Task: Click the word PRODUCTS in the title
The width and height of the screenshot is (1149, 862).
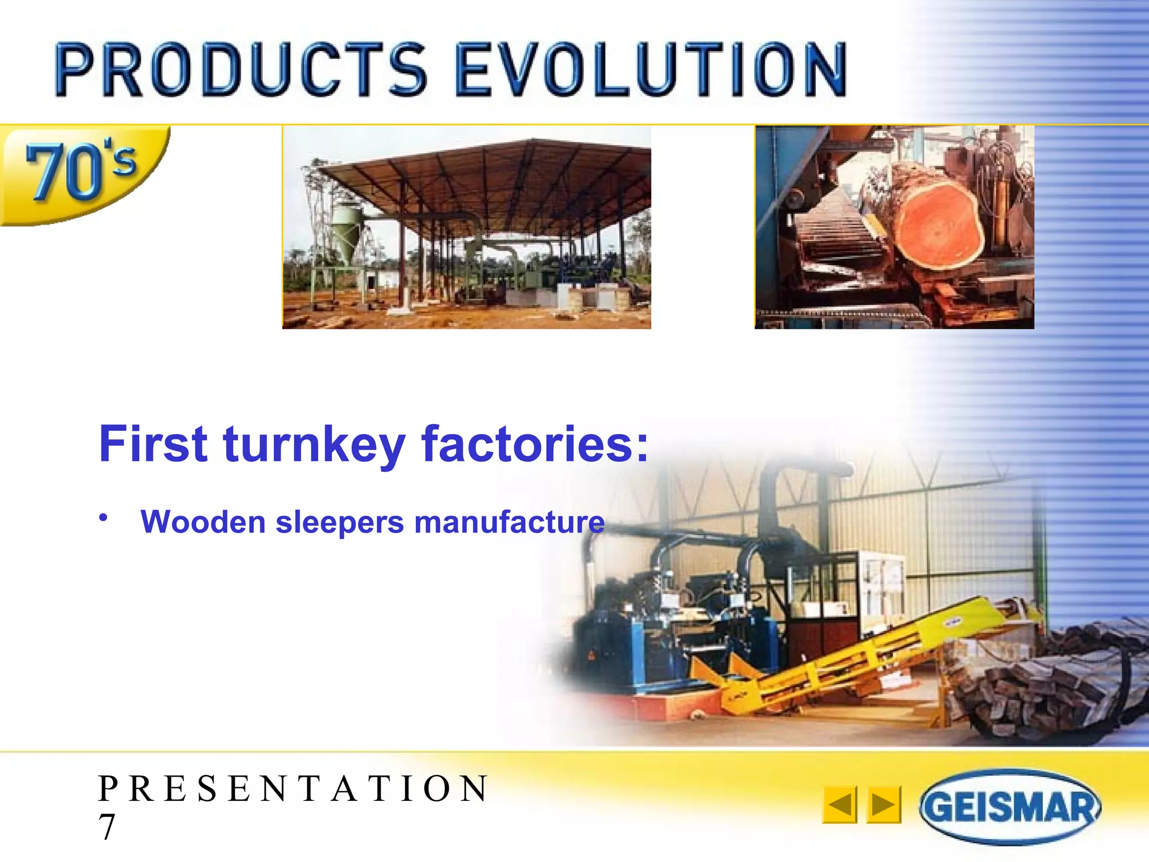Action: pyautogui.click(x=241, y=70)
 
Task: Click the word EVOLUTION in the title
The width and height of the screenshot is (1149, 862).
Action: pyautogui.click(x=651, y=70)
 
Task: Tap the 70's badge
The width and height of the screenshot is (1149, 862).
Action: pyautogui.click(x=81, y=171)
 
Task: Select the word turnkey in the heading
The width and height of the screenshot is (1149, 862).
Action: pyautogui.click(x=314, y=444)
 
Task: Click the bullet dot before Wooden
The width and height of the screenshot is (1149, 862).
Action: pyautogui.click(x=103, y=517)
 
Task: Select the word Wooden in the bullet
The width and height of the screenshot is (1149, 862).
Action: pyautogui.click(x=203, y=522)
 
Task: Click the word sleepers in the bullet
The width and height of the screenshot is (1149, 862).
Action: pyautogui.click(x=339, y=522)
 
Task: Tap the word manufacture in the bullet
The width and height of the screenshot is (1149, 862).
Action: pyautogui.click(x=509, y=522)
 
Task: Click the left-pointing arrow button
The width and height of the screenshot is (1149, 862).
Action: pyautogui.click(x=840, y=805)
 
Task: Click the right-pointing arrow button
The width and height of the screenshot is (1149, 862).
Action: pyautogui.click(x=884, y=805)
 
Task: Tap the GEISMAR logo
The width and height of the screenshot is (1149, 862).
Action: pyautogui.click(x=1010, y=807)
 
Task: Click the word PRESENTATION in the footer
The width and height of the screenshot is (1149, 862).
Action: pyautogui.click(x=293, y=788)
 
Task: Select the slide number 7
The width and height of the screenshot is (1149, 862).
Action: pyautogui.click(x=107, y=827)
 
